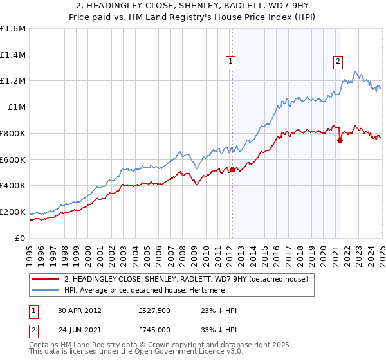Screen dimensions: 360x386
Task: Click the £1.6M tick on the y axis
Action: (x=13, y=29)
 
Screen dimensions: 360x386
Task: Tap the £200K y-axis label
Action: (x=13, y=212)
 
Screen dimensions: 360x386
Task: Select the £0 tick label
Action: (x=21, y=238)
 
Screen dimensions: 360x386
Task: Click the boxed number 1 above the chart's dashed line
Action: (x=230, y=62)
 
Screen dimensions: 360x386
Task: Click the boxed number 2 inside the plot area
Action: (x=338, y=62)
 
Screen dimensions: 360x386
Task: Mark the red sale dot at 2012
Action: (x=232, y=170)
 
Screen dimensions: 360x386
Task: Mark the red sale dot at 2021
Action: (x=340, y=141)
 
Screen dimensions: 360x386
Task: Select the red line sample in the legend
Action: (x=45, y=279)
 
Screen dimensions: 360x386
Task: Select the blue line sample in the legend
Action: (x=45, y=290)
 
